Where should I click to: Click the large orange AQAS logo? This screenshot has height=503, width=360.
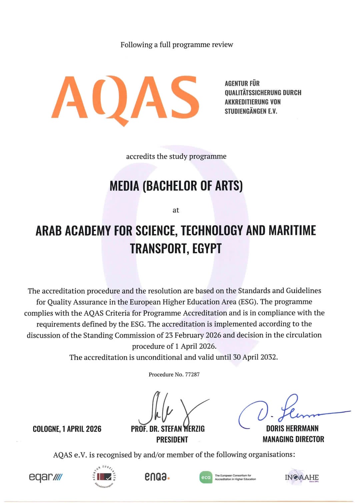[x=125, y=98]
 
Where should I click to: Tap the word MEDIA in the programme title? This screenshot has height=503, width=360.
[x=124, y=186]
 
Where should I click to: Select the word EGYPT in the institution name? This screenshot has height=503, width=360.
[x=207, y=248]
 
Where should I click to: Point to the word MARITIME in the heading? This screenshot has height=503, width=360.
[x=292, y=230]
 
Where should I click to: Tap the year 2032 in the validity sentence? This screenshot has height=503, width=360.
[x=268, y=357]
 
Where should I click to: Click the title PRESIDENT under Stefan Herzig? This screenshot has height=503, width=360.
[x=172, y=440]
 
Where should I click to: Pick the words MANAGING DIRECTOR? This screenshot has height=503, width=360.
[x=293, y=439]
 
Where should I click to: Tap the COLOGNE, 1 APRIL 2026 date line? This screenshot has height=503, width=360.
[x=67, y=429]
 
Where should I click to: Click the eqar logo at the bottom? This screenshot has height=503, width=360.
[x=45, y=477]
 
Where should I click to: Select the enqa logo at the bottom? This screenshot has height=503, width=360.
[x=157, y=477]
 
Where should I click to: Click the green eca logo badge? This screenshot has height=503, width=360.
[x=206, y=477]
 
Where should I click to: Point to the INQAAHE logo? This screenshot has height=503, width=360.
[x=302, y=477]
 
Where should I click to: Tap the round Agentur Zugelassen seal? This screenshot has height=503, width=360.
[x=104, y=477]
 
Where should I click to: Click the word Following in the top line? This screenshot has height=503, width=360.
[x=137, y=45]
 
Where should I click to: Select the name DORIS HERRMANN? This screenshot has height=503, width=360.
[x=292, y=428]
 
